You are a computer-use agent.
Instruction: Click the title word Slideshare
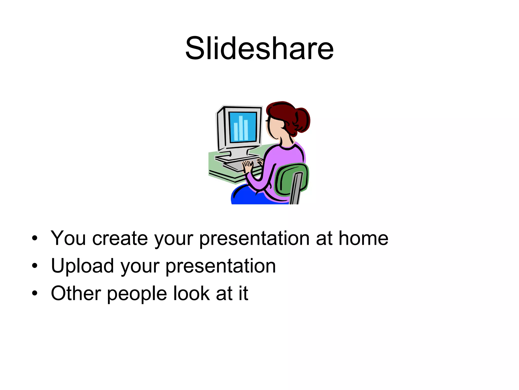pyautogui.click(x=259, y=48)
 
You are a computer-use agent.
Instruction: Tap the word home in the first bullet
pyautogui.click(x=363, y=238)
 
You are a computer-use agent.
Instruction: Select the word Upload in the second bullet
pyautogui.click(x=82, y=266)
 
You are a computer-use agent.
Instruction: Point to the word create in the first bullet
pyautogui.click(x=120, y=238)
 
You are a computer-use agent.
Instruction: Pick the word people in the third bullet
pyautogui.click(x=137, y=294)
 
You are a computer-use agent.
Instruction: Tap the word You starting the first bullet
pyautogui.click(x=68, y=238)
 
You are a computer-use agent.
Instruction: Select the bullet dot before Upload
pyautogui.click(x=35, y=266)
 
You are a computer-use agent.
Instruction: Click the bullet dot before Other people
pyautogui.click(x=35, y=293)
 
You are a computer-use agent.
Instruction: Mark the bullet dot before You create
pyautogui.click(x=35, y=238)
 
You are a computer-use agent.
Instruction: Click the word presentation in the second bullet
pyautogui.click(x=220, y=266)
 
